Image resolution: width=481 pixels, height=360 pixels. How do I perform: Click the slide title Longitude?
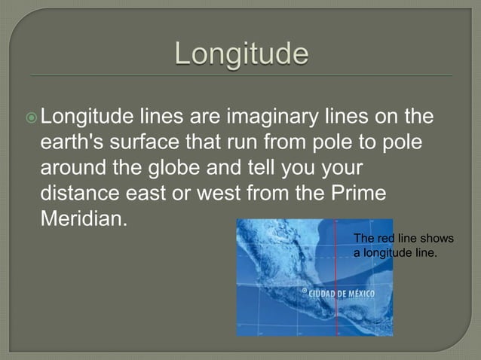pos(242,53)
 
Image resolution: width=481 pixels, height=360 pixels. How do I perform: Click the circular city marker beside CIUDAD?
pos(304,290)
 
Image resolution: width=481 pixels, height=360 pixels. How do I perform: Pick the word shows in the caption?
pos(438,239)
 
